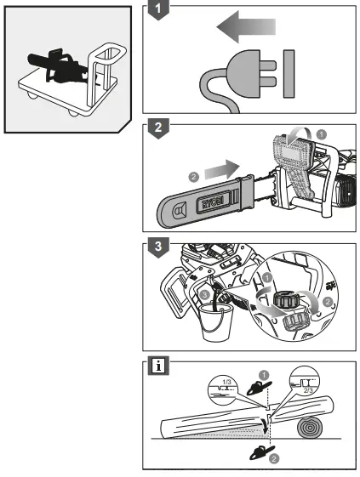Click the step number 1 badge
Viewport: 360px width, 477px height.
pyautogui.click(x=154, y=12)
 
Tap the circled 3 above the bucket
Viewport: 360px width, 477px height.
pyautogui.click(x=204, y=294)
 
